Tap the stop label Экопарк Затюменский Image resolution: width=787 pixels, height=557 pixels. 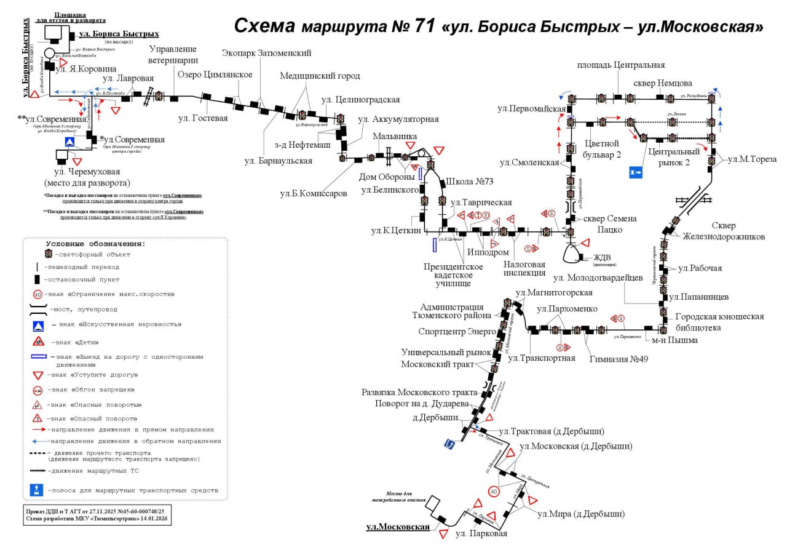[267, 54]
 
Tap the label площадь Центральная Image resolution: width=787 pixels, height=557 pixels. [621, 65]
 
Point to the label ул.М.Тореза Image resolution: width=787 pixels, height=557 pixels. [751, 159]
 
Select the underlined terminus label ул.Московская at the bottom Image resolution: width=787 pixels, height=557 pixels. [398, 527]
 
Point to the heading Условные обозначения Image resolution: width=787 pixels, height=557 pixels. [95, 244]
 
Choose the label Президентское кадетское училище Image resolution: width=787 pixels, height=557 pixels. [454, 275]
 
